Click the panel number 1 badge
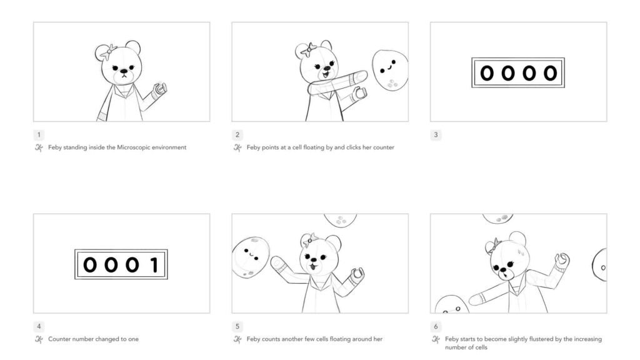[39, 135]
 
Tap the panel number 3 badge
[436, 135]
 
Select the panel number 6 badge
[436, 327]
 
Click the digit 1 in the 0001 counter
[154, 265]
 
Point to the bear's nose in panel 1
[124, 72]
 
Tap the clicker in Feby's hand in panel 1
[161, 89]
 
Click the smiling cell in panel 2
[389, 68]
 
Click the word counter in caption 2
[382, 147]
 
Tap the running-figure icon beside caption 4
[39, 339]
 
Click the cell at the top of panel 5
[341, 220]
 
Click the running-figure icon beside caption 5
[237, 339]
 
